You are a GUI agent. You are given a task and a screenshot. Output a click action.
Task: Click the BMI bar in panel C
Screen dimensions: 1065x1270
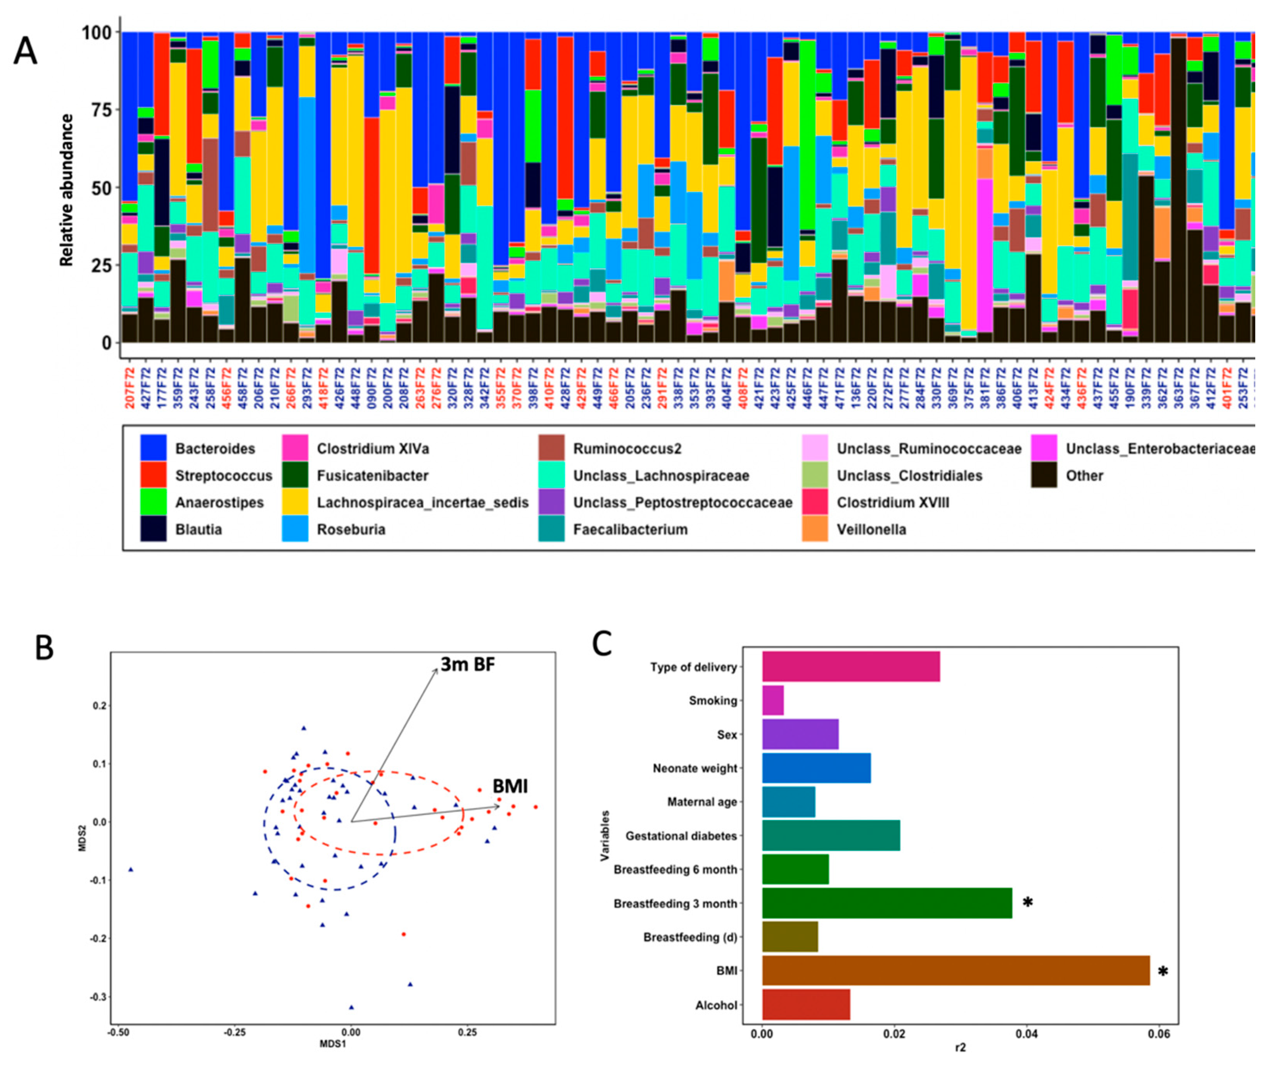tap(956, 971)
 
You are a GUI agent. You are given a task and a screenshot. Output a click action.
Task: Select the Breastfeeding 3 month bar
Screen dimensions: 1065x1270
tap(886, 903)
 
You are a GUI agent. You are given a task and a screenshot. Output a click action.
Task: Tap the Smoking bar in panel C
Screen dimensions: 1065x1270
tap(773, 700)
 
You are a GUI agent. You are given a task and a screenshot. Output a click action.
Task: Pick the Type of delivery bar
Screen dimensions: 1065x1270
tap(851, 666)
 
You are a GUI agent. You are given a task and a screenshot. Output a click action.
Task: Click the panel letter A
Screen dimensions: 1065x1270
tap(26, 52)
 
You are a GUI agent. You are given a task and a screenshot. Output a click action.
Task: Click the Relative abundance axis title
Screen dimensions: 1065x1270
tap(67, 190)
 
